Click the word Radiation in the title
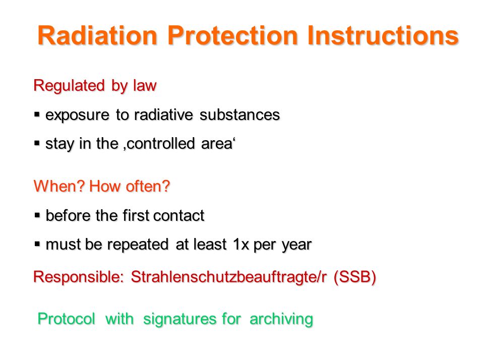point(97,35)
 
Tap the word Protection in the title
point(233,35)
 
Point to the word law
point(145,85)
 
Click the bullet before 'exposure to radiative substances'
point(37,115)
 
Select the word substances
point(239,115)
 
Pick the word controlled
point(160,144)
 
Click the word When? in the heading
point(59,186)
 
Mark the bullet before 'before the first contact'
point(37,215)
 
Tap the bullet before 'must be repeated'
point(37,245)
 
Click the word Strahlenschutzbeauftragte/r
point(228,277)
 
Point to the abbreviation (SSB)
point(355,277)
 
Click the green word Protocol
point(67,319)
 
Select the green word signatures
point(179,320)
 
